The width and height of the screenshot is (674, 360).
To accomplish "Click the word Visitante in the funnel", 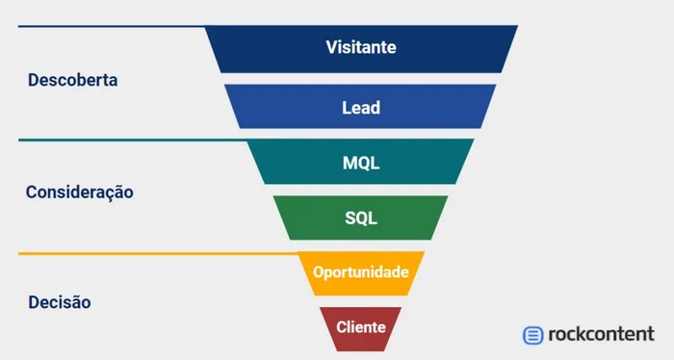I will click(361, 46).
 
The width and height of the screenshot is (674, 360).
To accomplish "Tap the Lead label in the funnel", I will click(361, 108).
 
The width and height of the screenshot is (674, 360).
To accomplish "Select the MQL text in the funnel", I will click(361, 163).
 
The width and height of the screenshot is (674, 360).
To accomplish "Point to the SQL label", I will click(361, 218).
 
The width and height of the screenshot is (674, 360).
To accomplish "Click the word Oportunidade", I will click(361, 271).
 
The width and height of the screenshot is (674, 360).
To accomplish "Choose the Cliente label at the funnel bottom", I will click(361, 327).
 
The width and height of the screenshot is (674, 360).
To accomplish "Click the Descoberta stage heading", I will click(73, 81).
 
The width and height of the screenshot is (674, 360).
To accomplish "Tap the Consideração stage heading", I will click(79, 192).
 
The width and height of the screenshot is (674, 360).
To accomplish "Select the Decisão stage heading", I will click(60, 302).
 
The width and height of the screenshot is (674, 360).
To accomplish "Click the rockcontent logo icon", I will click(532, 335).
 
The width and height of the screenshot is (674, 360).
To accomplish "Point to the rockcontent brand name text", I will click(601, 334).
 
